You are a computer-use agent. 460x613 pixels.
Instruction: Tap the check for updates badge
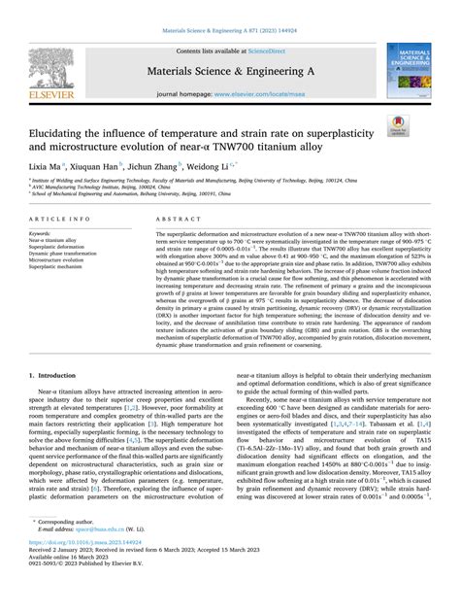423,124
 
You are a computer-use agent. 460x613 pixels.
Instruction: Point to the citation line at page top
229,11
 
